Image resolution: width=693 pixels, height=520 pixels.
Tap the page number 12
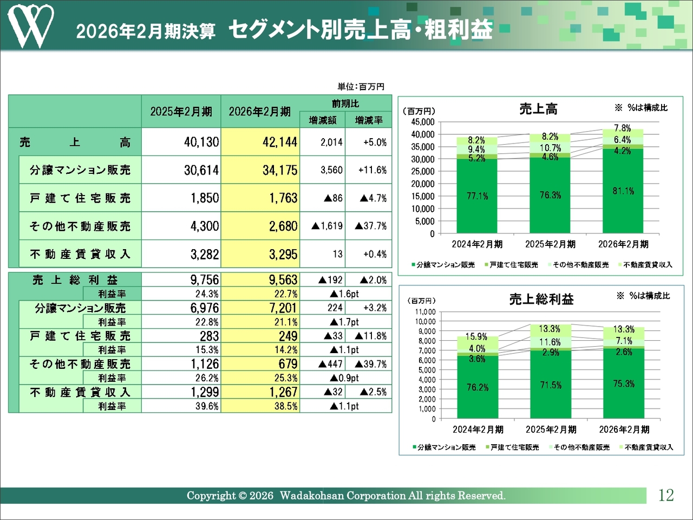(666, 495)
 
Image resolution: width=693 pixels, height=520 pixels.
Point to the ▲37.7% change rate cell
(371, 226)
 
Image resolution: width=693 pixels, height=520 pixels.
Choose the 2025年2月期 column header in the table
(181, 112)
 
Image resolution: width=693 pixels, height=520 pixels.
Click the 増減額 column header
(323, 120)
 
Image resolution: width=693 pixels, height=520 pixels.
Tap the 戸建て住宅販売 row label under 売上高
(80, 198)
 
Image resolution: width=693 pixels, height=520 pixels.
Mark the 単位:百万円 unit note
(361, 87)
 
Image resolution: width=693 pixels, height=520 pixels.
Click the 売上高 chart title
(538, 109)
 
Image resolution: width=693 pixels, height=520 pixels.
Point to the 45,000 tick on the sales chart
(423, 122)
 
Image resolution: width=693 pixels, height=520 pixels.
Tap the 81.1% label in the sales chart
(623, 191)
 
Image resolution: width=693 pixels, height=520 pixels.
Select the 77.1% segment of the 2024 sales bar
(477, 196)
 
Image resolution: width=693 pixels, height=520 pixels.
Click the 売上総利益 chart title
(541, 299)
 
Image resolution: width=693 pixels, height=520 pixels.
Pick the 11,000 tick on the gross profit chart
(426, 311)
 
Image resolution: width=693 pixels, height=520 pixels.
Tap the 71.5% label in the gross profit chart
(551, 385)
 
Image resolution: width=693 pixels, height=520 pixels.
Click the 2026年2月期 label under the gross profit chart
(624, 430)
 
